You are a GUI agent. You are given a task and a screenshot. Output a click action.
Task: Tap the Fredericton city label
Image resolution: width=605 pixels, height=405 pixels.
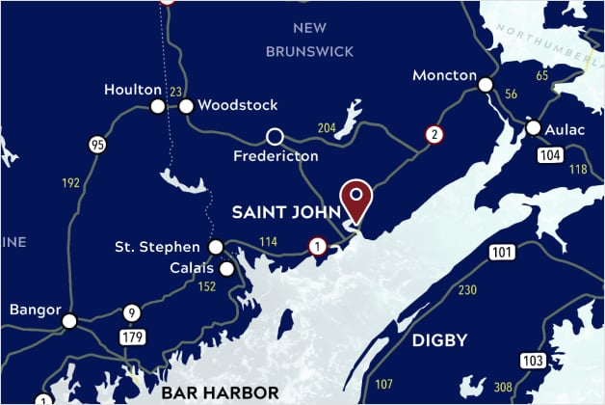point(276,155)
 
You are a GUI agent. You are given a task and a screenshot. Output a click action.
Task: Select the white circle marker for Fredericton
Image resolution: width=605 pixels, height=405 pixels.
point(275,136)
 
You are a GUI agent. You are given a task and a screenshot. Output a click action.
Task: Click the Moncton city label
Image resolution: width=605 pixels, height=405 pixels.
point(444,75)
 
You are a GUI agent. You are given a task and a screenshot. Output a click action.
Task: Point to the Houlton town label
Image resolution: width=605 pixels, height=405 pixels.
point(133,90)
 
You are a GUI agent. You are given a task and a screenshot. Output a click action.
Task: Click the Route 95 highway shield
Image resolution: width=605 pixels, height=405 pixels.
point(96,146)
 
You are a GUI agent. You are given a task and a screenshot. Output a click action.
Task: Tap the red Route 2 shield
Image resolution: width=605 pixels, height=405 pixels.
point(435,135)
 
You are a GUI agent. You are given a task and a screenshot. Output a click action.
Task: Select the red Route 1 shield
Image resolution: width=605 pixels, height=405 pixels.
point(317,247)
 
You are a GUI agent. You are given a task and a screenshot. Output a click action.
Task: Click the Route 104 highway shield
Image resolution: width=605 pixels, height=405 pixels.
point(550,155)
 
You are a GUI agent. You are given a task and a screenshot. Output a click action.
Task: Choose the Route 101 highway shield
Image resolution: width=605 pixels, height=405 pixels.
point(502,254)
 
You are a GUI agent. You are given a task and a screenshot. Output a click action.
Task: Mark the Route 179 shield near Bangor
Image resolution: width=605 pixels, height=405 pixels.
point(132,337)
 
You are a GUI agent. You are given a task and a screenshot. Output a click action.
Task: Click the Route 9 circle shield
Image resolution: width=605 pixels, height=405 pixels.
point(132,313)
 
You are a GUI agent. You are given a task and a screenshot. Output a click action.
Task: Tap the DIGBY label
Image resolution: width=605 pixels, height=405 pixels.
point(439,339)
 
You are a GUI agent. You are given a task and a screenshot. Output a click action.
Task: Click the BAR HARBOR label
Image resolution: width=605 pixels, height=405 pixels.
point(220,392)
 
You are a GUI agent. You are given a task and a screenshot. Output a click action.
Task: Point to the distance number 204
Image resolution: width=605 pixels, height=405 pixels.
point(328,128)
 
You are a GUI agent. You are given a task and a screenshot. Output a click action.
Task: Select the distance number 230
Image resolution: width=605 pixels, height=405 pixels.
point(468,290)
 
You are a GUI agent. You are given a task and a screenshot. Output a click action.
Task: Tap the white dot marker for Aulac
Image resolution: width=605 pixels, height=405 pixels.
point(534,127)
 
